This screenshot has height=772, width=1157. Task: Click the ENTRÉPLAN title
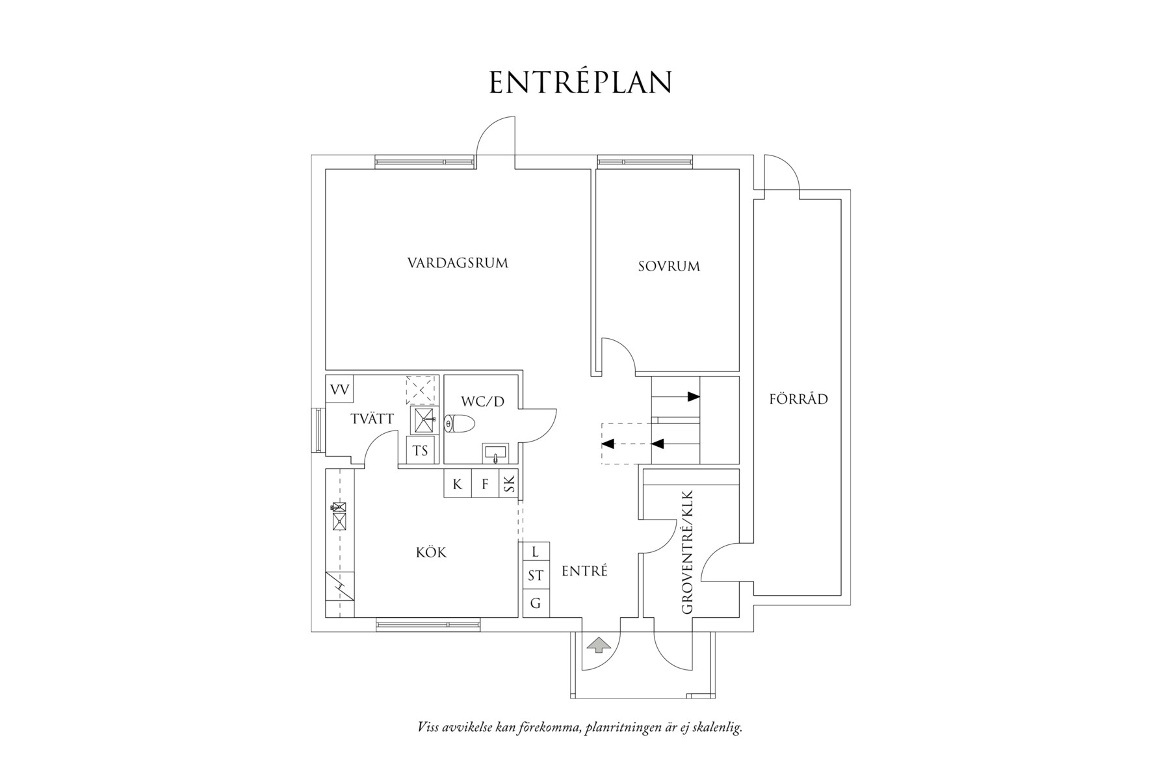(x=580, y=83)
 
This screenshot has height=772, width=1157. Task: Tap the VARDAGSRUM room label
(x=458, y=263)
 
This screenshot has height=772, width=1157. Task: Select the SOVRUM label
(x=669, y=266)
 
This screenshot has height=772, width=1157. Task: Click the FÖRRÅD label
(x=799, y=399)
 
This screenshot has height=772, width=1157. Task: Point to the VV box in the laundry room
(x=339, y=390)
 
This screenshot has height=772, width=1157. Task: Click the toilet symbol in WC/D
(x=460, y=424)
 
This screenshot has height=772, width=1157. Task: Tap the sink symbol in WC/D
(x=496, y=452)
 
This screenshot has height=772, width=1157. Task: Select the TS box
(x=420, y=450)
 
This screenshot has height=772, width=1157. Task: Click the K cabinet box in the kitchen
(x=458, y=485)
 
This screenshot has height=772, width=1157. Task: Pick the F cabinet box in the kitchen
(x=485, y=485)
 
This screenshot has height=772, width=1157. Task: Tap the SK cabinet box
(x=509, y=485)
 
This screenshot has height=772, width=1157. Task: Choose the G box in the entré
(x=536, y=604)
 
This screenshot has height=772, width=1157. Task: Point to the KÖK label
(x=432, y=553)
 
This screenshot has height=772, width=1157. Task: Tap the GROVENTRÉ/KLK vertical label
(x=688, y=553)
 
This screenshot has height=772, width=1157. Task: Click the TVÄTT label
(x=372, y=419)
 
